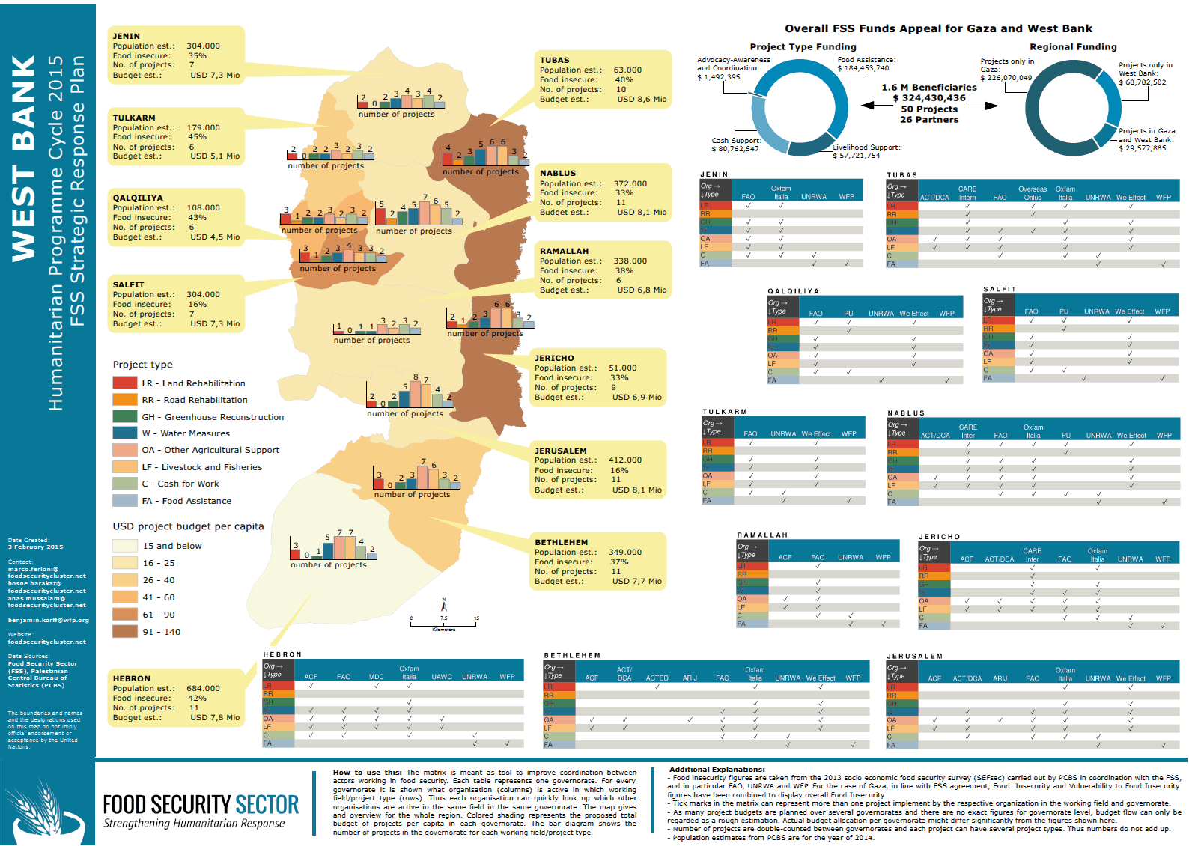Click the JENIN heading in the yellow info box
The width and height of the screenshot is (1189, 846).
(x=126, y=36)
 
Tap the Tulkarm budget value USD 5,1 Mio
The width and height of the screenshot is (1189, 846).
(x=215, y=156)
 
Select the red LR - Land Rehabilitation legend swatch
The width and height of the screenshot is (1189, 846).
(x=124, y=383)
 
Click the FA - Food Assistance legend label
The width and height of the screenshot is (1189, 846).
(x=186, y=501)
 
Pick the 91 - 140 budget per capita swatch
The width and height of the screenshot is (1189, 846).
(x=124, y=631)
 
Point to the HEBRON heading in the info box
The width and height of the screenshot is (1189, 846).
(x=131, y=678)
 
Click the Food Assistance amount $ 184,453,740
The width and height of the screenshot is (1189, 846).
(x=863, y=68)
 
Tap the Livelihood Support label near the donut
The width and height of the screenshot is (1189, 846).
(x=866, y=147)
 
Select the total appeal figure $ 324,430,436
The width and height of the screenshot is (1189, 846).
(x=928, y=98)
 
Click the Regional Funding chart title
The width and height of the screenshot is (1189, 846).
(x=1072, y=46)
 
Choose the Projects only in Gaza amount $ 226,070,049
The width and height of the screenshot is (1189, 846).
(x=1006, y=78)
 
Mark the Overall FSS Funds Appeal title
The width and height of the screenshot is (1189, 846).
(x=937, y=28)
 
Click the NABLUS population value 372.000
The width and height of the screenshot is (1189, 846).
(x=630, y=183)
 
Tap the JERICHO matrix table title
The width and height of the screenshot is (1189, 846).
(x=939, y=537)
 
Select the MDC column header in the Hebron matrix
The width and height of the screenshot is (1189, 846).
(x=376, y=677)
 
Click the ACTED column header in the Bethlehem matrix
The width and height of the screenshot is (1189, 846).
(x=657, y=678)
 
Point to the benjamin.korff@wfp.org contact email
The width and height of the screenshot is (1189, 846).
(x=48, y=620)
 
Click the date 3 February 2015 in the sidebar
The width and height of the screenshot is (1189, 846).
(x=35, y=547)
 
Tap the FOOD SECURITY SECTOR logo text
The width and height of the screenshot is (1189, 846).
(x=201, y=805)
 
